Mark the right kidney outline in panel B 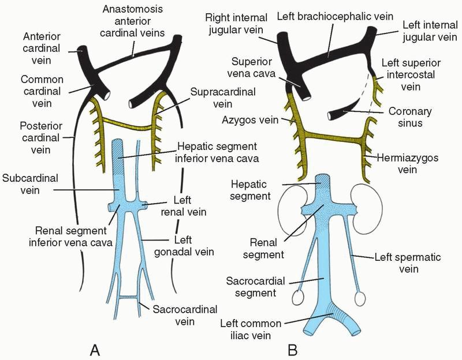289,208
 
